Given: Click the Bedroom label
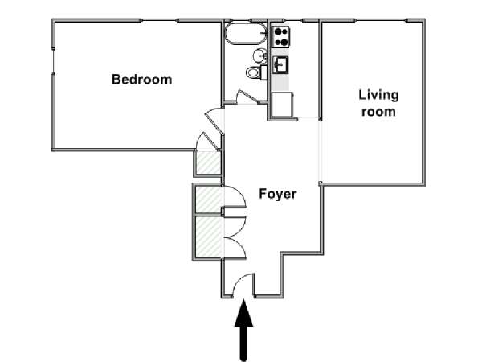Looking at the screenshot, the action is [x=141, y=80].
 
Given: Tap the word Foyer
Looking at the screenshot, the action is [x=278, y=194].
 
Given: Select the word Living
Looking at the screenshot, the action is [x=378, y=96].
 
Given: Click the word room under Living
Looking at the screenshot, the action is [x=378, y=112].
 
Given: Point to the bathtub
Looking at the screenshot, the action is [x=246, y=34].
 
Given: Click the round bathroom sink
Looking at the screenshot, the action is [x=259, y=56].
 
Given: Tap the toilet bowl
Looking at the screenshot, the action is [x=253, y=73].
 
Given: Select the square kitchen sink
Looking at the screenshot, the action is [x=280, y=64].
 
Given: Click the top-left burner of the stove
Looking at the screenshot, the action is [x=277, y=31].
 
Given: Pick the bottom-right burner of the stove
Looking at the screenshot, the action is [x=285, y=42].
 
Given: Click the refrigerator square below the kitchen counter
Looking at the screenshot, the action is [x=282, y=105].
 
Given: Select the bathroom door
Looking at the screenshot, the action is [x=247, y=95].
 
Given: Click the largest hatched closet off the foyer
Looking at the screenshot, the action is [x=209, y=237].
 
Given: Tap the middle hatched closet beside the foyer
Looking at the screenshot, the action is [x=209, y=199].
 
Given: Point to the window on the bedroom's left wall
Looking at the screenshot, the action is [x=54, y=62].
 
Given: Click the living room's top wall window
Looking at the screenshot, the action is [x=381, y=20].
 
